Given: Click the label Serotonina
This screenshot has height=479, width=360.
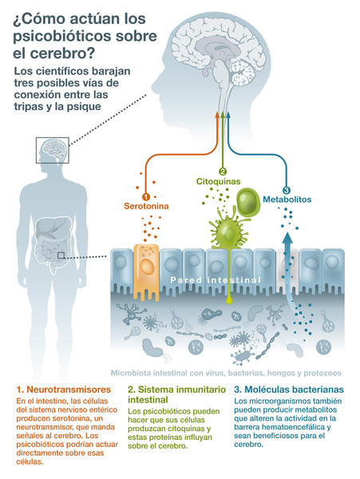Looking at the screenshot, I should (144, 207).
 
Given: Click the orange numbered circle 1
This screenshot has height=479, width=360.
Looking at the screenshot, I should (144, 196).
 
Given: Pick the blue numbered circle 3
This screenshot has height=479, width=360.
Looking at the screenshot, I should (287, 190).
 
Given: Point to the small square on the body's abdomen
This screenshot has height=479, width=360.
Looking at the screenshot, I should (61, 255).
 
